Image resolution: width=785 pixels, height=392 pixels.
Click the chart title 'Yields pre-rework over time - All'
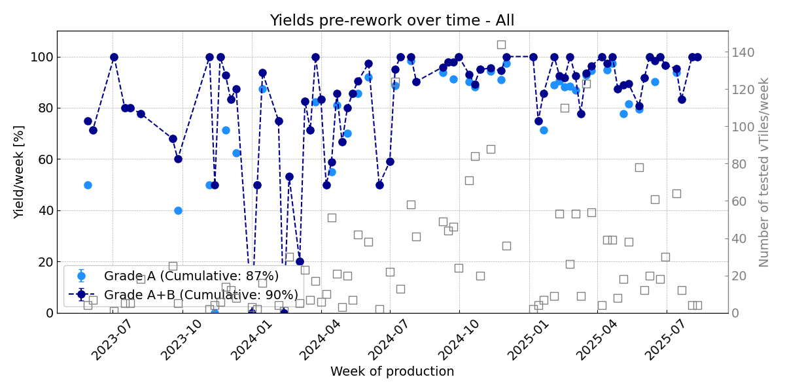tap(392, 20)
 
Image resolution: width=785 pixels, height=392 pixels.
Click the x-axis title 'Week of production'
tap(392, 372)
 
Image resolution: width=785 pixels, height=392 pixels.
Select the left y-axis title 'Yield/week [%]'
tap(19, 172)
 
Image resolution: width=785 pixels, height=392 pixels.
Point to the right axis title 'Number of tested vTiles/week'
tap(764, 172)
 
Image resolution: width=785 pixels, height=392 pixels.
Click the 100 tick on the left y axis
tap(42, 57)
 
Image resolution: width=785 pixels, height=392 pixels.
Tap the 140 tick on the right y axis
tap(744, 52)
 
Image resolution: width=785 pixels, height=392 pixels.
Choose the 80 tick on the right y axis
tap(742, 164)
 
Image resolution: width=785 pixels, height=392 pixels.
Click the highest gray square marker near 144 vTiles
tap(501, 44)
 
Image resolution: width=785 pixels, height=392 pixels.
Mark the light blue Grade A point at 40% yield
tap(178, 210)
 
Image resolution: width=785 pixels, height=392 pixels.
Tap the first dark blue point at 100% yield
tap(114, 57)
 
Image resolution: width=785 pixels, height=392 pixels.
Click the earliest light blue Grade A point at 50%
tap(88, 185)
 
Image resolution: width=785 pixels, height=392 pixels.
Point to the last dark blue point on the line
tap(697, 57)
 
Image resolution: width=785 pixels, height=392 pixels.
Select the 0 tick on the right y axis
tap(737, 313)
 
